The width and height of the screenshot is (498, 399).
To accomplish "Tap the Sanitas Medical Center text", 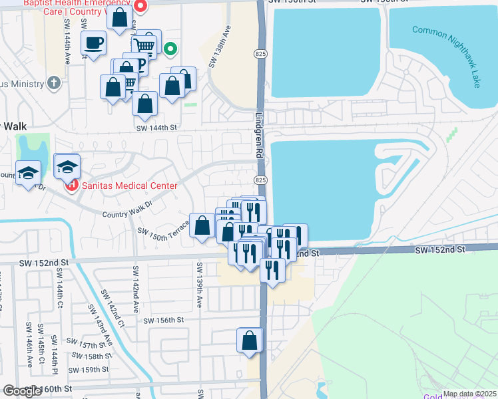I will point(130,186).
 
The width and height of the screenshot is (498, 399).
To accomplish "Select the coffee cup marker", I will point(93,44).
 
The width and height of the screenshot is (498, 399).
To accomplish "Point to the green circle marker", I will point(171,48).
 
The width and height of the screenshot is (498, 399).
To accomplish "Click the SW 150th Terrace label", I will point(163,228).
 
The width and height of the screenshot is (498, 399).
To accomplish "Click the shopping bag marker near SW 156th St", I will point(250,340).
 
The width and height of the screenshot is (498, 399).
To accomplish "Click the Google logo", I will point(22,391).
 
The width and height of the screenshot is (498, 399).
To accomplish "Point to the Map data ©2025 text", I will point(469,394).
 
